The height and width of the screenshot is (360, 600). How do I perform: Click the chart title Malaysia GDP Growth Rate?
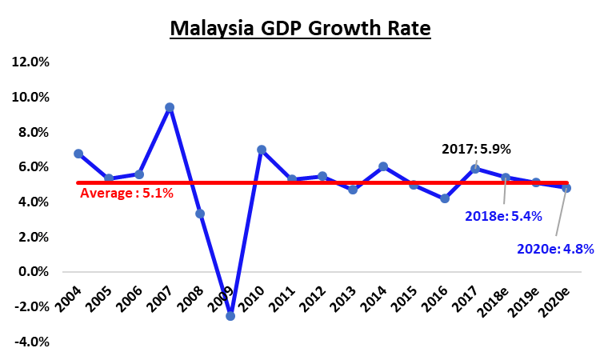click(300, 29)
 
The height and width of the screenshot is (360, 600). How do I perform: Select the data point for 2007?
click(170, 107)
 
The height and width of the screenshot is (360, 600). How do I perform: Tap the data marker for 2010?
click(261, 150)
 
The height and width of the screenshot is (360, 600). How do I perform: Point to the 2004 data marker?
click(78, 154)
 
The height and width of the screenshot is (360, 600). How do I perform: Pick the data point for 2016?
click(445, 198)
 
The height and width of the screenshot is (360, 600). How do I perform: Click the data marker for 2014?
click(383, 166)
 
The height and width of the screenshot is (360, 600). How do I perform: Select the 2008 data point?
click(200, 214)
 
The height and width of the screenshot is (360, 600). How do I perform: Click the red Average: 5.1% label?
click(126, 193)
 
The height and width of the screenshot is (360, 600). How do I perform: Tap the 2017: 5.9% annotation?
click(476, 148)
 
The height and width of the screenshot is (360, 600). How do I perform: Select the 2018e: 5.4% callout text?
click(504, 215)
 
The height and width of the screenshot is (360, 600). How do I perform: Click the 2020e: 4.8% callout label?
click(556, 249)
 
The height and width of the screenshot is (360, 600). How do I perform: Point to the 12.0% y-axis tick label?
click(30, 62)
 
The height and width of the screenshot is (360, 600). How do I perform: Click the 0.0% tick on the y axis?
click(32, 272)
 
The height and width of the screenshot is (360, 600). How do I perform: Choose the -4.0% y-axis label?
click(30, 342)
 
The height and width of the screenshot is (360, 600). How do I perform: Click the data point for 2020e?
click(566, 188)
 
